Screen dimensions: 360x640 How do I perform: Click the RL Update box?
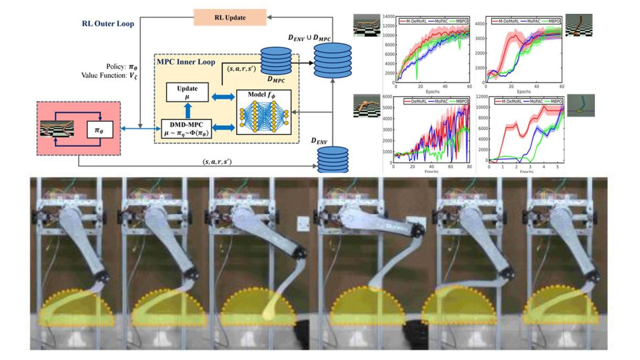230,17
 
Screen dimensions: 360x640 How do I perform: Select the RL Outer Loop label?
108,24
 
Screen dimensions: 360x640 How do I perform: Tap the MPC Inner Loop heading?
186,62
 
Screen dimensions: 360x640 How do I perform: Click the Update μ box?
187,92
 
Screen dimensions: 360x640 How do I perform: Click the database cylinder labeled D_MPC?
276,61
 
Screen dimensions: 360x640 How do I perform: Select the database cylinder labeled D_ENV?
332,159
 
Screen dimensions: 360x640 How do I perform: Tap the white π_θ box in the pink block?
99,130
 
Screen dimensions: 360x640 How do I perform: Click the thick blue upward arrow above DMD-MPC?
188,110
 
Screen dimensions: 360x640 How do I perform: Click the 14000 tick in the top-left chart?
389,16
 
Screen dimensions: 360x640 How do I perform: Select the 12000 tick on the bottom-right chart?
482,97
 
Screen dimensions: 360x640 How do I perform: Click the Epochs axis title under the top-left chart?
432,92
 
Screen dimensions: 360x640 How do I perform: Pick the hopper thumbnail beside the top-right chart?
579,25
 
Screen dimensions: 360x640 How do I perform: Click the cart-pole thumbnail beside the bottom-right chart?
581,106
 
